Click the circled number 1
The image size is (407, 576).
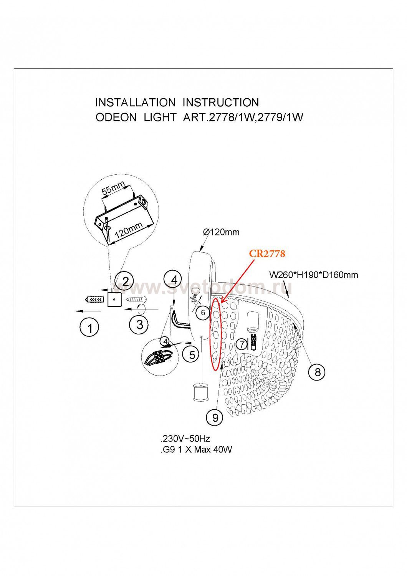[90, 328]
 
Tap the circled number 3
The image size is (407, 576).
[139, 324]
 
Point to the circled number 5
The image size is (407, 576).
[192, 354]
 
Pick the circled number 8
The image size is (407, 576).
[317, 372]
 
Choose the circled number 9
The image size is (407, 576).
[215, 417]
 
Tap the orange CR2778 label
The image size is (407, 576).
[267, 253]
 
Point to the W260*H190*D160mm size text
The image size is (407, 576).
[313, 275]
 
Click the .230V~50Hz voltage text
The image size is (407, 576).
[185, 439]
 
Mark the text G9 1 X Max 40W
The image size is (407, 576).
[196, 450]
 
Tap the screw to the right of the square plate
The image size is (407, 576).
[134, 299]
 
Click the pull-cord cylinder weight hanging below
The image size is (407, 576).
[201, 392]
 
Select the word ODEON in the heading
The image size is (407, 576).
[116, 117]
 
